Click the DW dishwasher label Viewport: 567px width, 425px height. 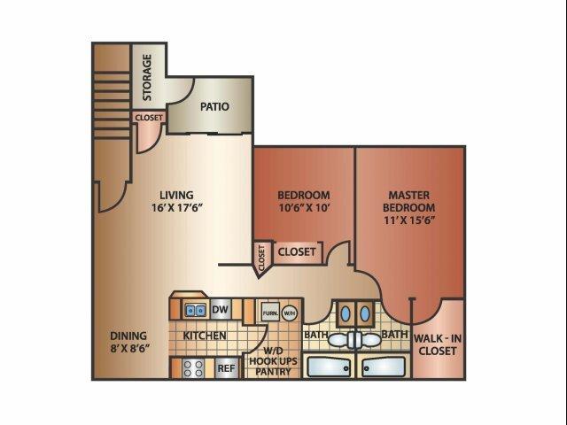220,309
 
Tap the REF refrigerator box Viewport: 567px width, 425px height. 226,368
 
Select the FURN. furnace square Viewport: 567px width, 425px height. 270,313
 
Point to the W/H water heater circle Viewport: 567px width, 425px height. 289,313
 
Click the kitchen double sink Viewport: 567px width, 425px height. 195,310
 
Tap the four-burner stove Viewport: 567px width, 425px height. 193,368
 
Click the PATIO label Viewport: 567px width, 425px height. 214,106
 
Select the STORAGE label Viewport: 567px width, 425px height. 147,77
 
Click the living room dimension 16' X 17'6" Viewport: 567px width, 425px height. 177,208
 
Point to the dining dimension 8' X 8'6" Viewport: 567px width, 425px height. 130,348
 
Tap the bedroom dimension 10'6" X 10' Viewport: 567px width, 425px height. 304,208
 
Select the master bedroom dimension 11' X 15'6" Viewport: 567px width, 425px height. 409,220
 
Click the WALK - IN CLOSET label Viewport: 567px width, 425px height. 438,344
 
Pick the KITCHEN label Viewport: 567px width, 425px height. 205,336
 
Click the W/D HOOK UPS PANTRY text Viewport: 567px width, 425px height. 274,361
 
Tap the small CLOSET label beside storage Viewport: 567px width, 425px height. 149,118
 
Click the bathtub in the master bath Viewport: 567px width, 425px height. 384,367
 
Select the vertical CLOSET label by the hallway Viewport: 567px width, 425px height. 262,258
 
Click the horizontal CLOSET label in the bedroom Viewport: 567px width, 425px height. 297,251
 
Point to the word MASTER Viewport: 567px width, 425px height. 409,195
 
